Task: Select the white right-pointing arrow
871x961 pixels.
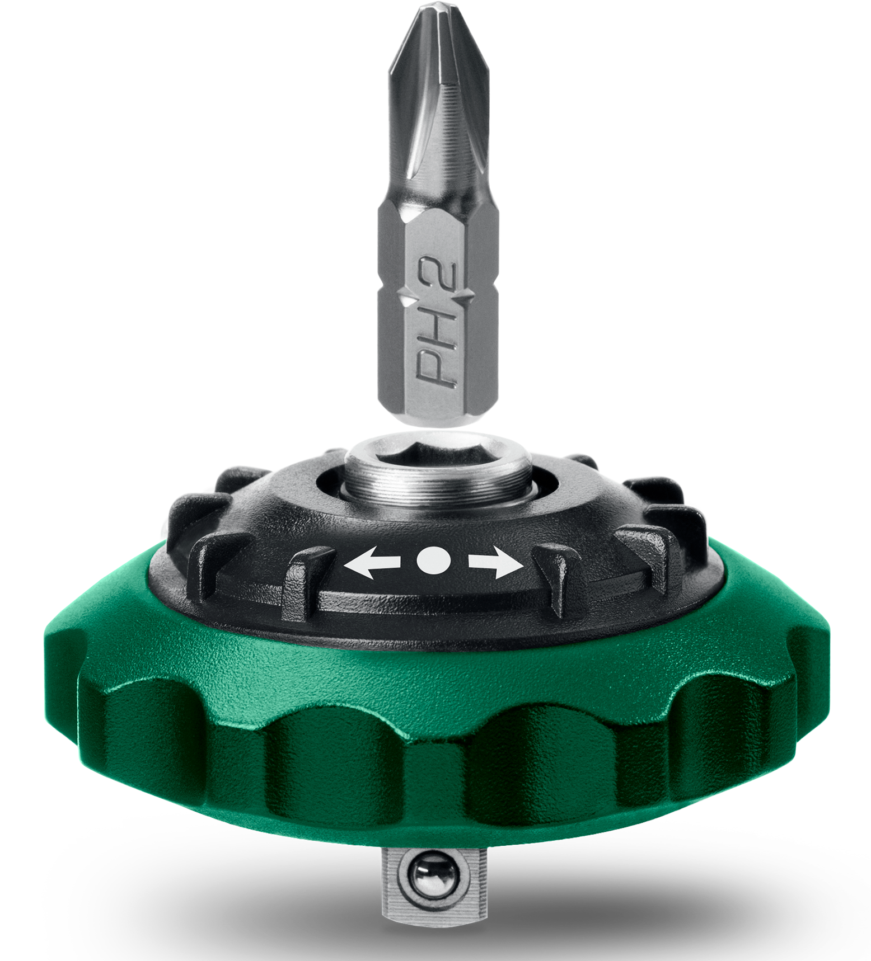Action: [495, 566]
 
